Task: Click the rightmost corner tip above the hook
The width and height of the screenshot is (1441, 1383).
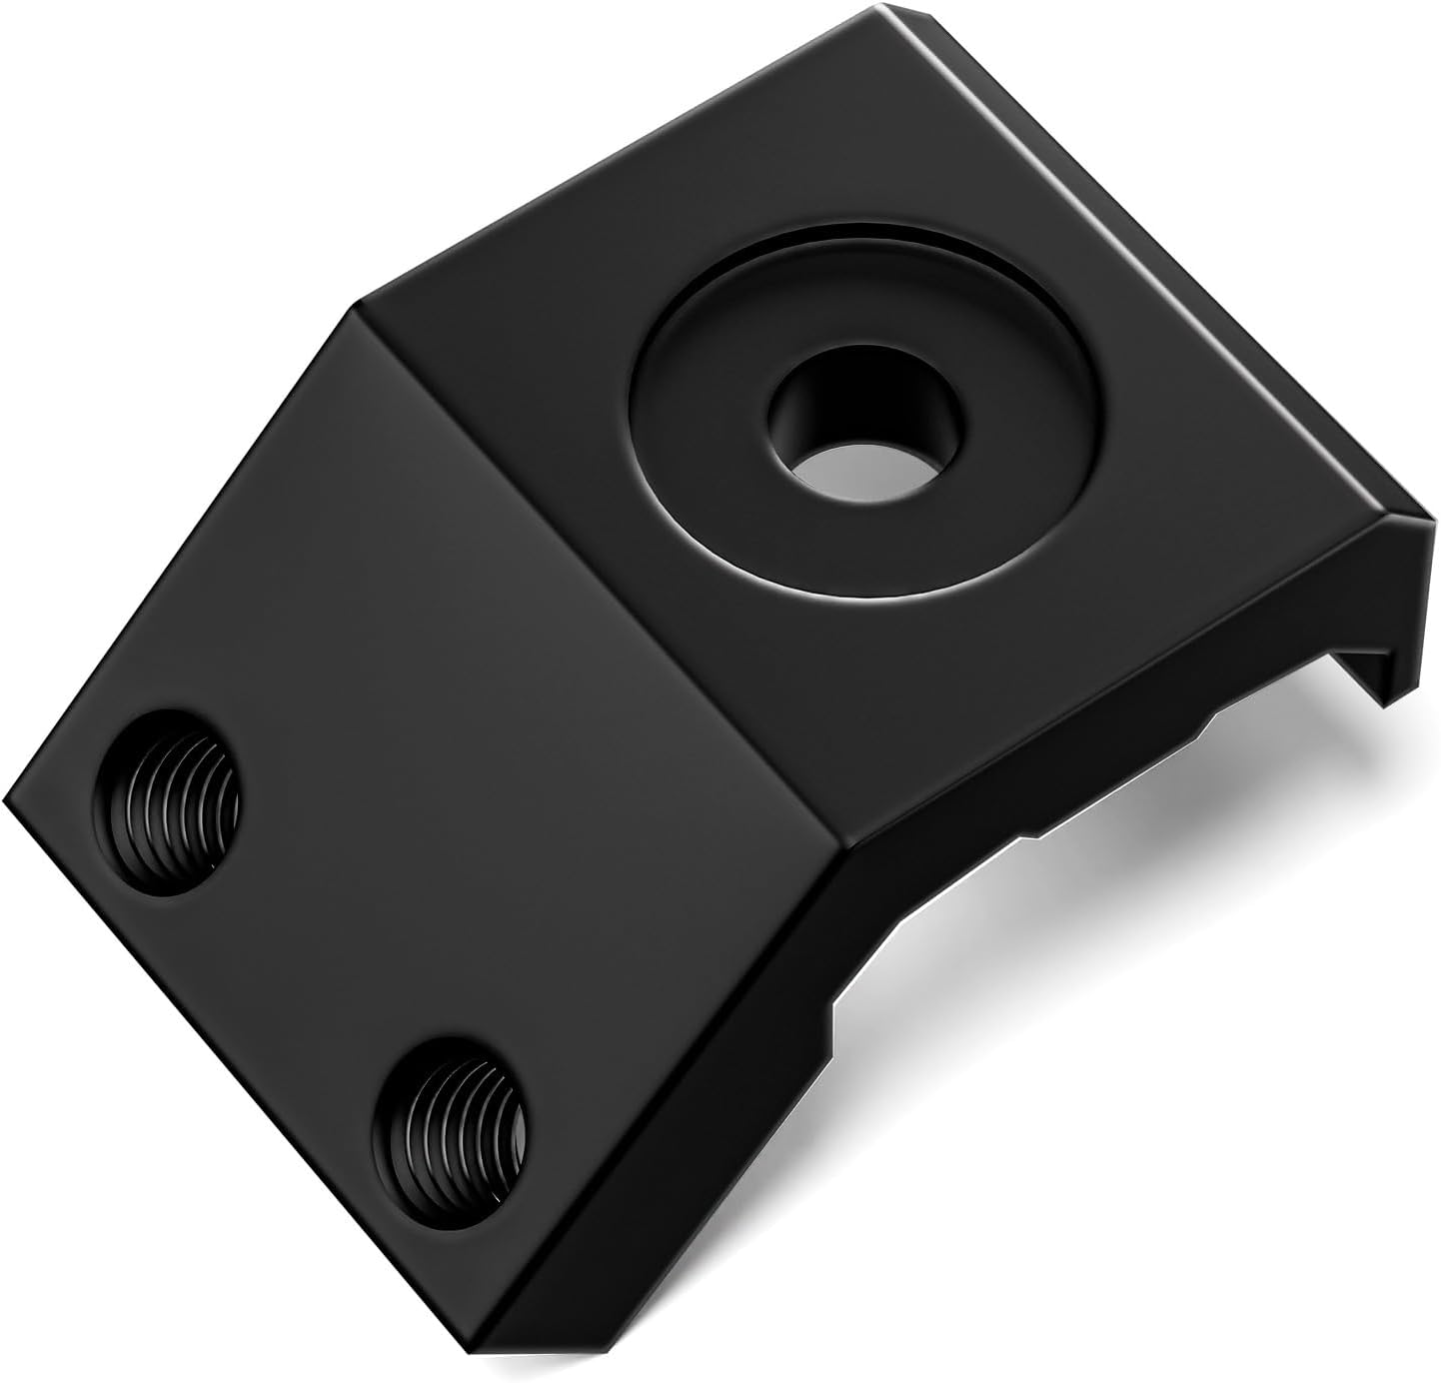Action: coord(1431,520)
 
